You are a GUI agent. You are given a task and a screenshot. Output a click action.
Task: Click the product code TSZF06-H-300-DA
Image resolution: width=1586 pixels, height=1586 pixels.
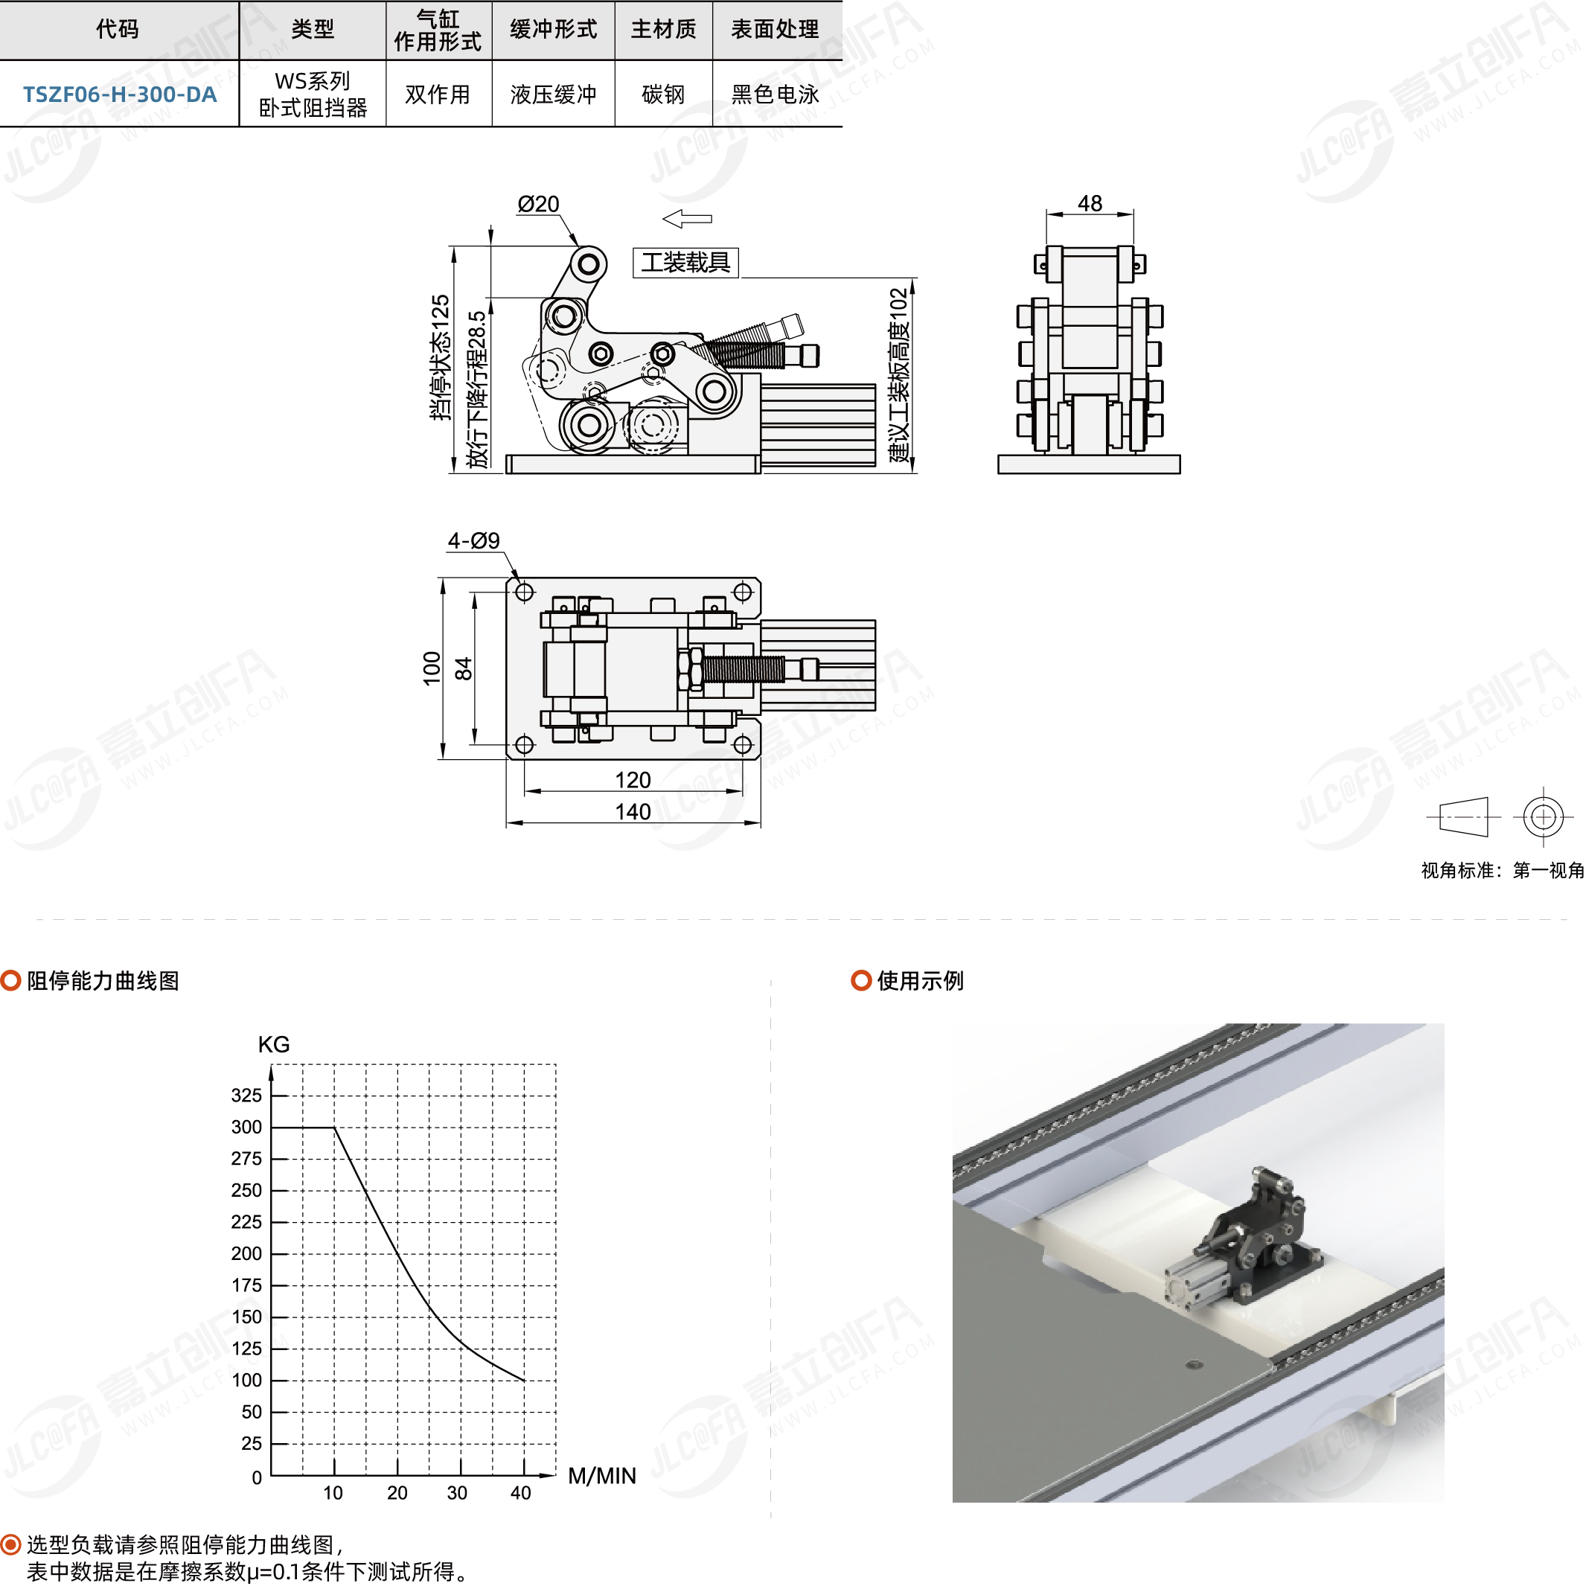click(x=120, y=95)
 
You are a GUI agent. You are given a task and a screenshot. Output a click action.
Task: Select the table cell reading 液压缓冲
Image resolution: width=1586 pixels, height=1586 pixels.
click(x=553, y=95)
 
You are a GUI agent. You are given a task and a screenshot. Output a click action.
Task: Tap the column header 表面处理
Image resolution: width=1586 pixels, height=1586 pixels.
click(x=775, y=30)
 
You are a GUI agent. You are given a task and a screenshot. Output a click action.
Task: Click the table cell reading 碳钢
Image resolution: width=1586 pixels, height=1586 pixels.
click(x=663, y=95)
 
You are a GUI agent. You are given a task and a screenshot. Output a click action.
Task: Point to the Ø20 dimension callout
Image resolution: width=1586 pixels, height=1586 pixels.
click(x=539, y=204)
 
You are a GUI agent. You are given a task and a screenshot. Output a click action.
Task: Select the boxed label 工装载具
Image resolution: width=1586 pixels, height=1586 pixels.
click(x=685, y=263)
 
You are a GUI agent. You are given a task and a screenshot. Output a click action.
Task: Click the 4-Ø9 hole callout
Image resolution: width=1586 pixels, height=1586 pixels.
click(x=473, y=540)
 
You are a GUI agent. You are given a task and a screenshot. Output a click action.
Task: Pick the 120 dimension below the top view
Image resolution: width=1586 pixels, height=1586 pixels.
click(x=633, y=779)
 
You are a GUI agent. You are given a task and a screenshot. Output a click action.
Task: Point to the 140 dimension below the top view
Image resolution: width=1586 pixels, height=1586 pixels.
click(x=633, y=811)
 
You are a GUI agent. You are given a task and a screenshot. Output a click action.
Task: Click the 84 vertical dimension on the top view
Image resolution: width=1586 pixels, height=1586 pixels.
click(x=464, y=669)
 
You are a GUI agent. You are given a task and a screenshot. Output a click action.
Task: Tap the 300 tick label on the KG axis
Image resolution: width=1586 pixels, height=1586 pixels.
click(x=246, y=1127)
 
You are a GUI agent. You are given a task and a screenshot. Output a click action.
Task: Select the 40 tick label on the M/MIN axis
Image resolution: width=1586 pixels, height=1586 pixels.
click(x=520, y=1493)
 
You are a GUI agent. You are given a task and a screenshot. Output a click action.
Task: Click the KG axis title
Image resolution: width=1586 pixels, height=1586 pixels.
click(x=273, y=1044)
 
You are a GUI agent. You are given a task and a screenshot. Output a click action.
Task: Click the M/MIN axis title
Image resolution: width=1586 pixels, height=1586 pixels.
click(x=602, y=1476)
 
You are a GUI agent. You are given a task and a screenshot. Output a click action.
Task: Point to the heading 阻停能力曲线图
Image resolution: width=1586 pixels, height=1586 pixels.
click(x=103, y=980)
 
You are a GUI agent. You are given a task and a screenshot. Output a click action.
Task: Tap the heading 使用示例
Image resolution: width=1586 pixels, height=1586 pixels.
click(x=920, y=980)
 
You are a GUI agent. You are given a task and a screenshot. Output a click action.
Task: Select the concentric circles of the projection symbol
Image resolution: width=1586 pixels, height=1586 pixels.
click(x=1544, y=816)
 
